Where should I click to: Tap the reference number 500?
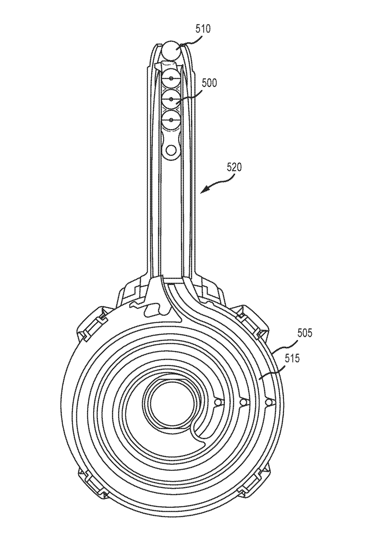(x=209, y=83)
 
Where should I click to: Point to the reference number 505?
(x=304, y=333)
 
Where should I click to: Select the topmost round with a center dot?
(x=171, y=79)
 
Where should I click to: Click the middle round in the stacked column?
(x=171, y=99)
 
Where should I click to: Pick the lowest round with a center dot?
(x=171, y=120)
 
